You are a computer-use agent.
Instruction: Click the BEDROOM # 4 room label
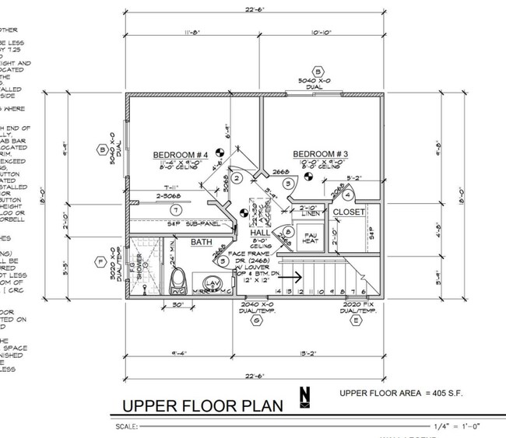[180, 155]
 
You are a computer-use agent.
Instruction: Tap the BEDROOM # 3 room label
[316, 155]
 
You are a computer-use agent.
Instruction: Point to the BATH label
[202, 243]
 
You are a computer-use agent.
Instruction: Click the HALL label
[260, 233]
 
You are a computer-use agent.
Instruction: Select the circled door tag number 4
[347, 195]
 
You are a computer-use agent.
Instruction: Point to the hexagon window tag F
[100, 261]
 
